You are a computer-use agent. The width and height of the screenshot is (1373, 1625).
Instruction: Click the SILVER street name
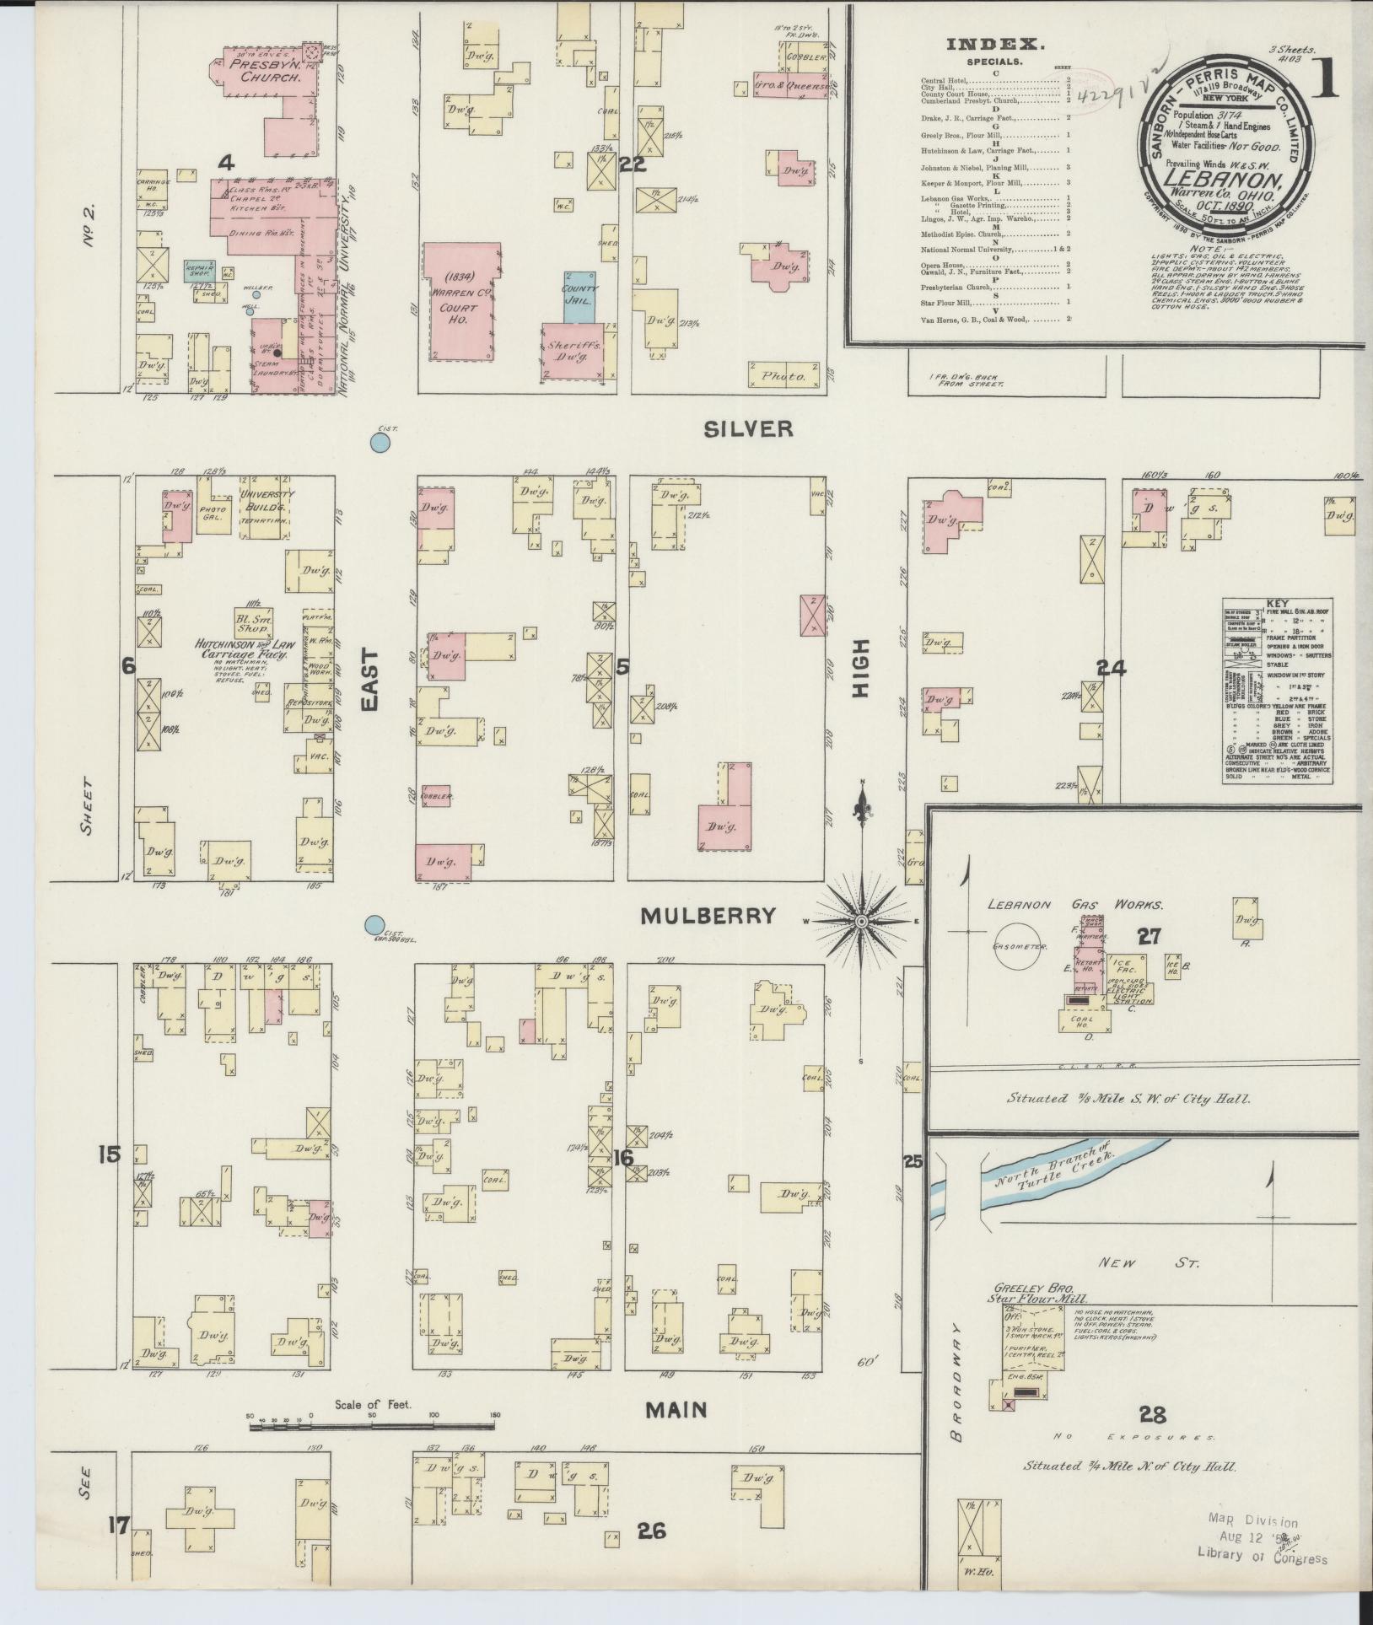tap(748, 429)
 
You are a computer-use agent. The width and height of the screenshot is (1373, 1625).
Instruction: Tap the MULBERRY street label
tap(708, 916)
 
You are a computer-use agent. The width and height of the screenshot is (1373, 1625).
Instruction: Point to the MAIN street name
tap(676, 1409)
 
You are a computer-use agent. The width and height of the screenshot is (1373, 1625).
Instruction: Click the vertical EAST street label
tap(371, 680)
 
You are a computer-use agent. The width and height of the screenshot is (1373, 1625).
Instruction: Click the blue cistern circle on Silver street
tap(381, 442)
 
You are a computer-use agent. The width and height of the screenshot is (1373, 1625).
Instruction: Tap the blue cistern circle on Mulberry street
tap(374, 926)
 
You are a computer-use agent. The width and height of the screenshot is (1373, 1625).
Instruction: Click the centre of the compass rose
tap(862, 923)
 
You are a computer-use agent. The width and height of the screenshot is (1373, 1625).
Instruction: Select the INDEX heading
tap(995, 45)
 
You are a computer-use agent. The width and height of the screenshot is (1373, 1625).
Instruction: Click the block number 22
tap(632, 164)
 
